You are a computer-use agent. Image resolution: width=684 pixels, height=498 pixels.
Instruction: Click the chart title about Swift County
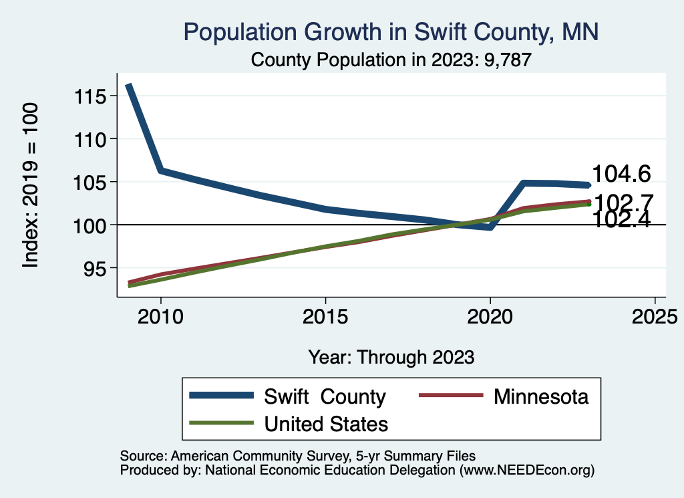click(x=391, y=31)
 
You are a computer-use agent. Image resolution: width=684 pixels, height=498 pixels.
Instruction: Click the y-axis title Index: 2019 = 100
click(x=31, y=186)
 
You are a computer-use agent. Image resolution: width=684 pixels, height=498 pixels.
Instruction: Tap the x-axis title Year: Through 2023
click(x=391, y=357)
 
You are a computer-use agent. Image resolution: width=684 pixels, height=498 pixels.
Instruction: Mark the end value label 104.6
click(x=621, y=174)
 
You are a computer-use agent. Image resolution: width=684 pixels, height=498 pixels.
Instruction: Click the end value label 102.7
click(x=623, y=202)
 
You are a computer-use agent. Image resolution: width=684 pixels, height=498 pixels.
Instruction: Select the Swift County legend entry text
click(x=325, y=396)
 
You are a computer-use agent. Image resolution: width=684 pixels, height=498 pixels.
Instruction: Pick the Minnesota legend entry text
click(x=541, y=396)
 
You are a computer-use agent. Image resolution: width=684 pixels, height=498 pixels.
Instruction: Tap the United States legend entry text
click(x=326, y=423)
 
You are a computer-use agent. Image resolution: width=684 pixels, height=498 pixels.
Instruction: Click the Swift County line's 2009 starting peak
click(x=128, y=86)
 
